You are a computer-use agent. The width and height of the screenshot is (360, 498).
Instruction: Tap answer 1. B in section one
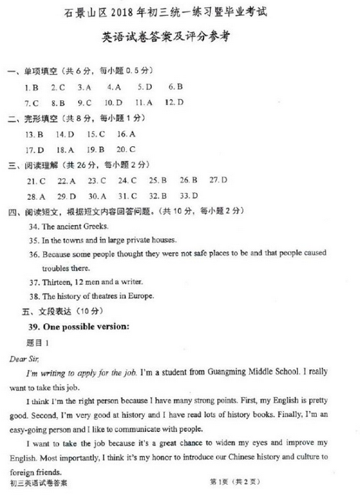pyautogui.click(x=30, y=88)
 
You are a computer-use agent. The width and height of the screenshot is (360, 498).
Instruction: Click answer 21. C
pyautogui.click(x=36, y=180)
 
